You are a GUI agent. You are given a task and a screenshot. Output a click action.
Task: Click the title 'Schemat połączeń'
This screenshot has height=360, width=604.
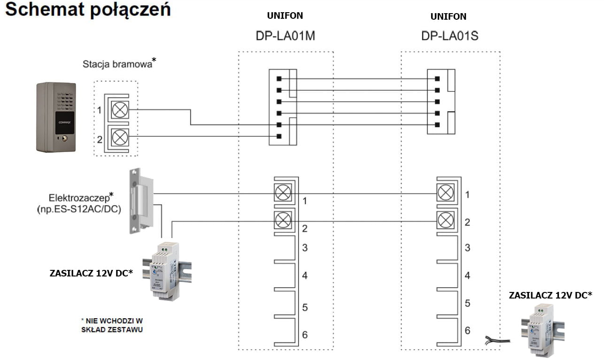click(87, 10)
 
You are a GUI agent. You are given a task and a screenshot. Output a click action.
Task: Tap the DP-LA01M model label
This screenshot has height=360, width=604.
click(285, 36)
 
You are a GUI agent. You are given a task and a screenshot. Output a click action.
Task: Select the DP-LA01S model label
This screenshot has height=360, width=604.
click(449, 36)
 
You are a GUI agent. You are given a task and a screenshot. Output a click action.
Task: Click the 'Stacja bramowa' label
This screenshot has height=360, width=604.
click(117, 64)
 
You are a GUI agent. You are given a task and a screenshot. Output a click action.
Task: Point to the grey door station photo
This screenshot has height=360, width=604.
click(56, 117)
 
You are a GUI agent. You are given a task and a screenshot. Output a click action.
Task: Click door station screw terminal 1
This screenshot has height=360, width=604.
click(121, 110)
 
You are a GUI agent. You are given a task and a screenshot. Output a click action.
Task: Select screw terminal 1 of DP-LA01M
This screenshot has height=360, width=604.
click(282, 193)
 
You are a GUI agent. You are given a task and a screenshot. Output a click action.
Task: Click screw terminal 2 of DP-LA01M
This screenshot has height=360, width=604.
click(282, 219)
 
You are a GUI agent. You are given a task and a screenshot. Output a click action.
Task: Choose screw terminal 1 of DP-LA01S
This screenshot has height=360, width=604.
click(445, 193)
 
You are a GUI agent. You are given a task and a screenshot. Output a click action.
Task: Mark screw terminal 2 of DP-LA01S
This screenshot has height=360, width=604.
click(445, 219)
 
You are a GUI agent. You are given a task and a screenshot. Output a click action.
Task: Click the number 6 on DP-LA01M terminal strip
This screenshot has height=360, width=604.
click(305, 335)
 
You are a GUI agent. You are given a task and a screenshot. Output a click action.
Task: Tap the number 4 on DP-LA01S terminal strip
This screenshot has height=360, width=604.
click(467, 276)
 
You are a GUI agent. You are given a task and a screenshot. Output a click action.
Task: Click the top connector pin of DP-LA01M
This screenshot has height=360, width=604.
click(279, 78)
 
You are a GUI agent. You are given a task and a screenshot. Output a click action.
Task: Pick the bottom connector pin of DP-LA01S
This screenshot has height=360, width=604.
click(437, 125)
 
